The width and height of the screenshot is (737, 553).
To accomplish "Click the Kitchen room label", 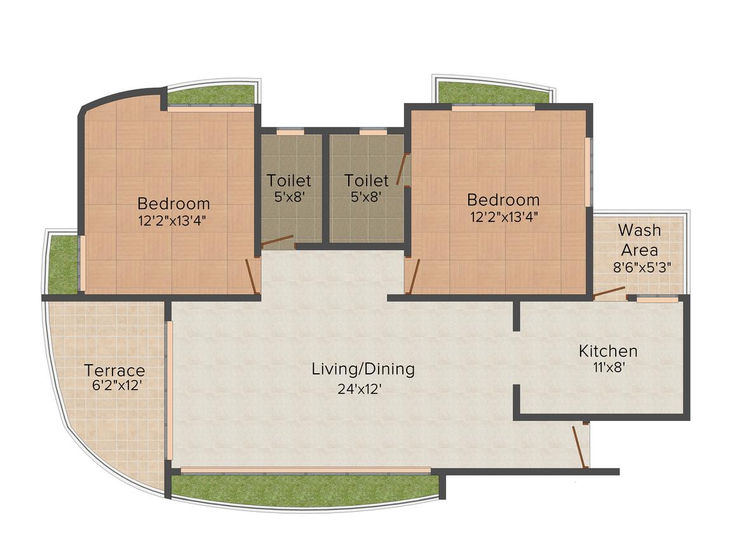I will tap(607, 350).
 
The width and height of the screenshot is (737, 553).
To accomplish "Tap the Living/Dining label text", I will tap(363, 369).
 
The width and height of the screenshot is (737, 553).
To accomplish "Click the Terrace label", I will tap(114, 370).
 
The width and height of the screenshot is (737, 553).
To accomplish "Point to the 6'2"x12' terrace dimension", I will tap(116, 385).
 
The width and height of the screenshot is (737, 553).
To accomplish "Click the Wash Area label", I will tap(639, 239).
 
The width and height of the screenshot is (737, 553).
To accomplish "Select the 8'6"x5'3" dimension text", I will tap(642, 267).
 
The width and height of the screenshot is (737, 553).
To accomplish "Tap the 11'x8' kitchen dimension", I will tap(608, 366).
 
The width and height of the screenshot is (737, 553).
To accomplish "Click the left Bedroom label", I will tap(173, 204).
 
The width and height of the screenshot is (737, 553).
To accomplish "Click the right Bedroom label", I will tap(503, 200).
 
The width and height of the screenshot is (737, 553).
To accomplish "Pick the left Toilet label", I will tap(288, 181).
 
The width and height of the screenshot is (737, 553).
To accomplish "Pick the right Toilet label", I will tap(366, 181).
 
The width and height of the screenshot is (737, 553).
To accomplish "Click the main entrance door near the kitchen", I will tap(579, 447).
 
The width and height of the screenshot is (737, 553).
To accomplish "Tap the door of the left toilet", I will tap(278, 241).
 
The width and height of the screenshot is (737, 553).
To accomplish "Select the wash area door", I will tap(609, 292).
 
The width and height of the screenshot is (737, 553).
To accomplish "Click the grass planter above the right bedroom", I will tap(493, 93).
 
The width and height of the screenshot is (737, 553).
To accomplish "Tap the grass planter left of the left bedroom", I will tap(62, 264).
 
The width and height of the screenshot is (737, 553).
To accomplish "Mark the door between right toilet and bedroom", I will tap(402, 168).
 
